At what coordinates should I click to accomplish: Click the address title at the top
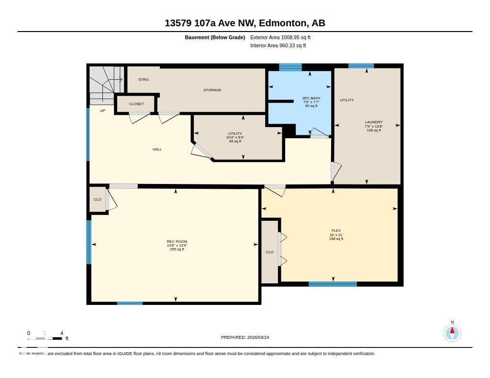(245, 23)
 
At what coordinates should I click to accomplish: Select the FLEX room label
(336, 230)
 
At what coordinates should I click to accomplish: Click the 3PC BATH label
(311, 98)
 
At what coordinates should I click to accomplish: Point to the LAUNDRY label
(373, 122)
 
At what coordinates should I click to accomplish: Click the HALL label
(157, 150)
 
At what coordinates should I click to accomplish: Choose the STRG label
(144, 80)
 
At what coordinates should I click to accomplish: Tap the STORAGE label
(212, 90)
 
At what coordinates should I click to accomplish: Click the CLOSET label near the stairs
(136, 104)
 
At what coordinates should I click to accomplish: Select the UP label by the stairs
(102, 111)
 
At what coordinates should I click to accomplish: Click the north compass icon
(452, 333)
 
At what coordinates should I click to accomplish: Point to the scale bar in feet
(45, 338)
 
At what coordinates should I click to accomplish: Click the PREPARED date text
(248, 337)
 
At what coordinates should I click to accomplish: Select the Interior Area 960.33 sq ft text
(278, 46)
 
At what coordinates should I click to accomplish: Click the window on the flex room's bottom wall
(333, 284)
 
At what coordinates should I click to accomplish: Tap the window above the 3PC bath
(290, 67)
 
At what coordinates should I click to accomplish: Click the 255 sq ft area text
(177, 249)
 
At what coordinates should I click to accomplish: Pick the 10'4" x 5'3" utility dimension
(235, 138)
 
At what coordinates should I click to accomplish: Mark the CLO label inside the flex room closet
(269, 252)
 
